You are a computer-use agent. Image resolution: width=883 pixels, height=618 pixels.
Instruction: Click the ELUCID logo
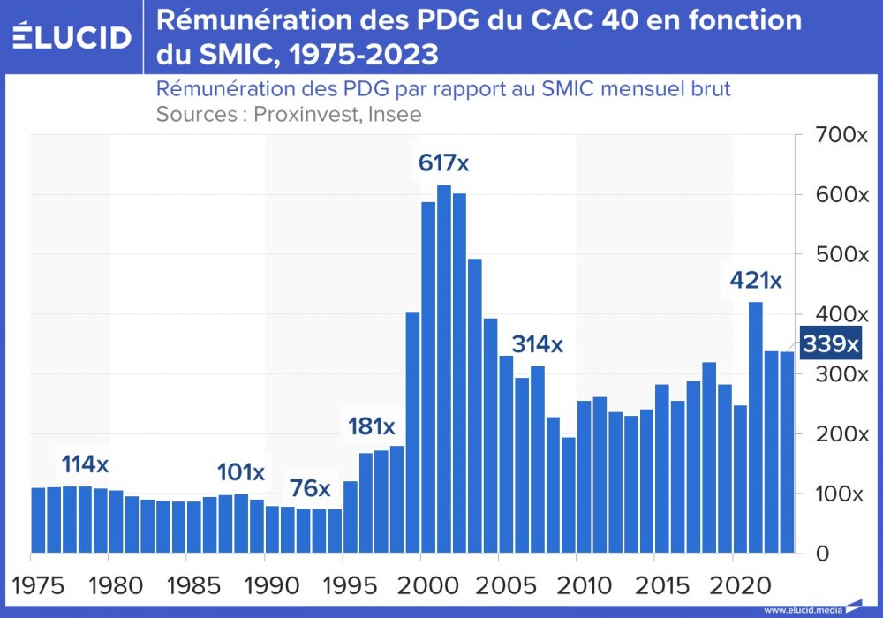coord(72,37)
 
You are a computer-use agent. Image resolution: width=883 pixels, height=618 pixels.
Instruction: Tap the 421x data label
coord(755,281)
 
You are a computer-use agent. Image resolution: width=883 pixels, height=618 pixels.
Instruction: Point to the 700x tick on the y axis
coord(841,135)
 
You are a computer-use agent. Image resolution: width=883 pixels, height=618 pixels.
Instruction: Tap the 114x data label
coord(85,463)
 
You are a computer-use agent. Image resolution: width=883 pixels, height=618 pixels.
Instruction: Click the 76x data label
coord(310,487)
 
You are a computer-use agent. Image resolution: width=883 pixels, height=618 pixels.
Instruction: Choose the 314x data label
coord(537,344)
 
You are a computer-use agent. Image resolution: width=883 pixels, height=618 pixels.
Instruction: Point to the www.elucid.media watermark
coord(803,609)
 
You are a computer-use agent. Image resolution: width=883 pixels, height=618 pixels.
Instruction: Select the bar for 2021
coord(756,427)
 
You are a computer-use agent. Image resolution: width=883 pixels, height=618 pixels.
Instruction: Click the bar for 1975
coord(38,520)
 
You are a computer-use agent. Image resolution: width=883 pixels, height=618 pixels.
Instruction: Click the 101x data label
coord(241,472)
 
